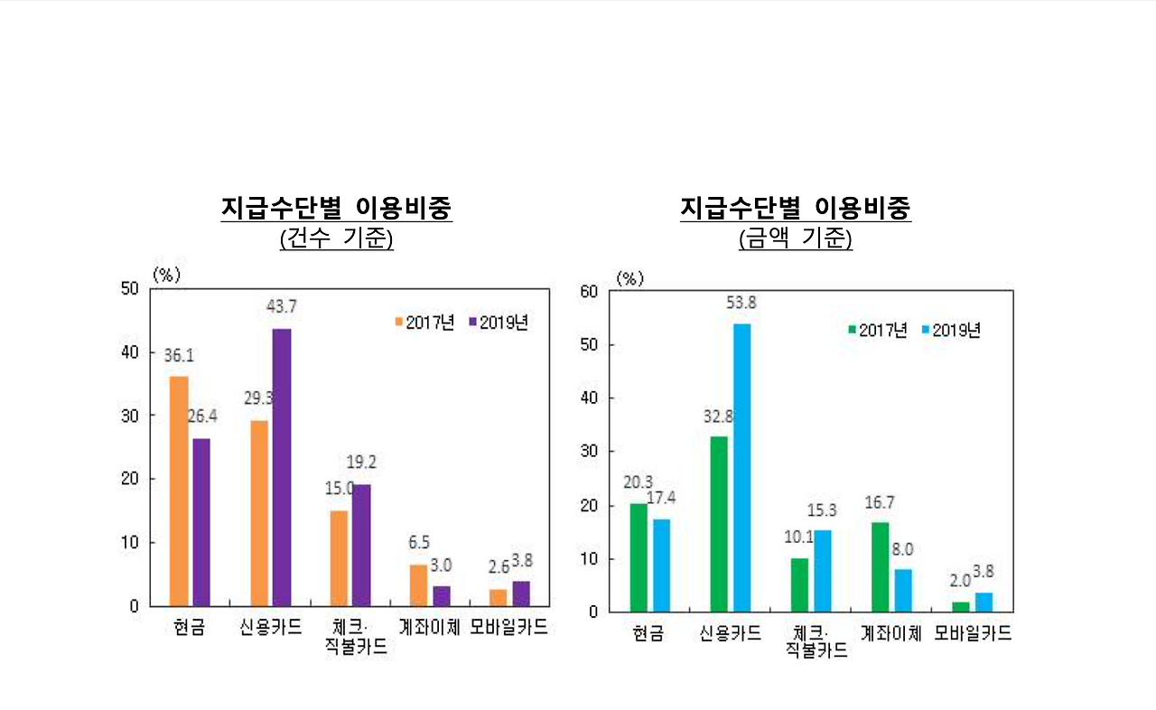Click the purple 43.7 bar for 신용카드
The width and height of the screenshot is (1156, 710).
click(x=282, y=467)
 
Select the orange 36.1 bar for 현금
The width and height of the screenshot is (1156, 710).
click(x=179, y=490)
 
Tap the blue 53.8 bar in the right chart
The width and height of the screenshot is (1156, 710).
click(x=741, y=467)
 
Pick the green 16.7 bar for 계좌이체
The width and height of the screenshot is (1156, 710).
click(x=880, y=566)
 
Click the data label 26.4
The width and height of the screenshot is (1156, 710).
click(x=202, y=416)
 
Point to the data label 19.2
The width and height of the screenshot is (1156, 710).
click(x=360, y=462)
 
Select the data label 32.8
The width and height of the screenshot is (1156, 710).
click(x=719, y=416)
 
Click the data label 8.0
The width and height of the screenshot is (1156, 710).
click(x=903, y=549)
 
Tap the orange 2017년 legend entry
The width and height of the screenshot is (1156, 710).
click(x=424, y=322)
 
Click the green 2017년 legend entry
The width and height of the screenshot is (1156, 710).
click(x=877, y=331)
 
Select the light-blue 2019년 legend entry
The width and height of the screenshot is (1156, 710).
click(x=951, y=331)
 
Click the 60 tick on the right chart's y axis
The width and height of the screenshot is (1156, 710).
click(x=590, y=291)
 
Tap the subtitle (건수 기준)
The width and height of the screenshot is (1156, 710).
click(x=337, y=239)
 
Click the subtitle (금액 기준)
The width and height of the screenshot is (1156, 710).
click(x=796, y=239)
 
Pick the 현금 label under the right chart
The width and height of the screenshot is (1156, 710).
click(x=648, y=633)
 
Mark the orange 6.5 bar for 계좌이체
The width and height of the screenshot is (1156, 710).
click(x=418, y=585)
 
